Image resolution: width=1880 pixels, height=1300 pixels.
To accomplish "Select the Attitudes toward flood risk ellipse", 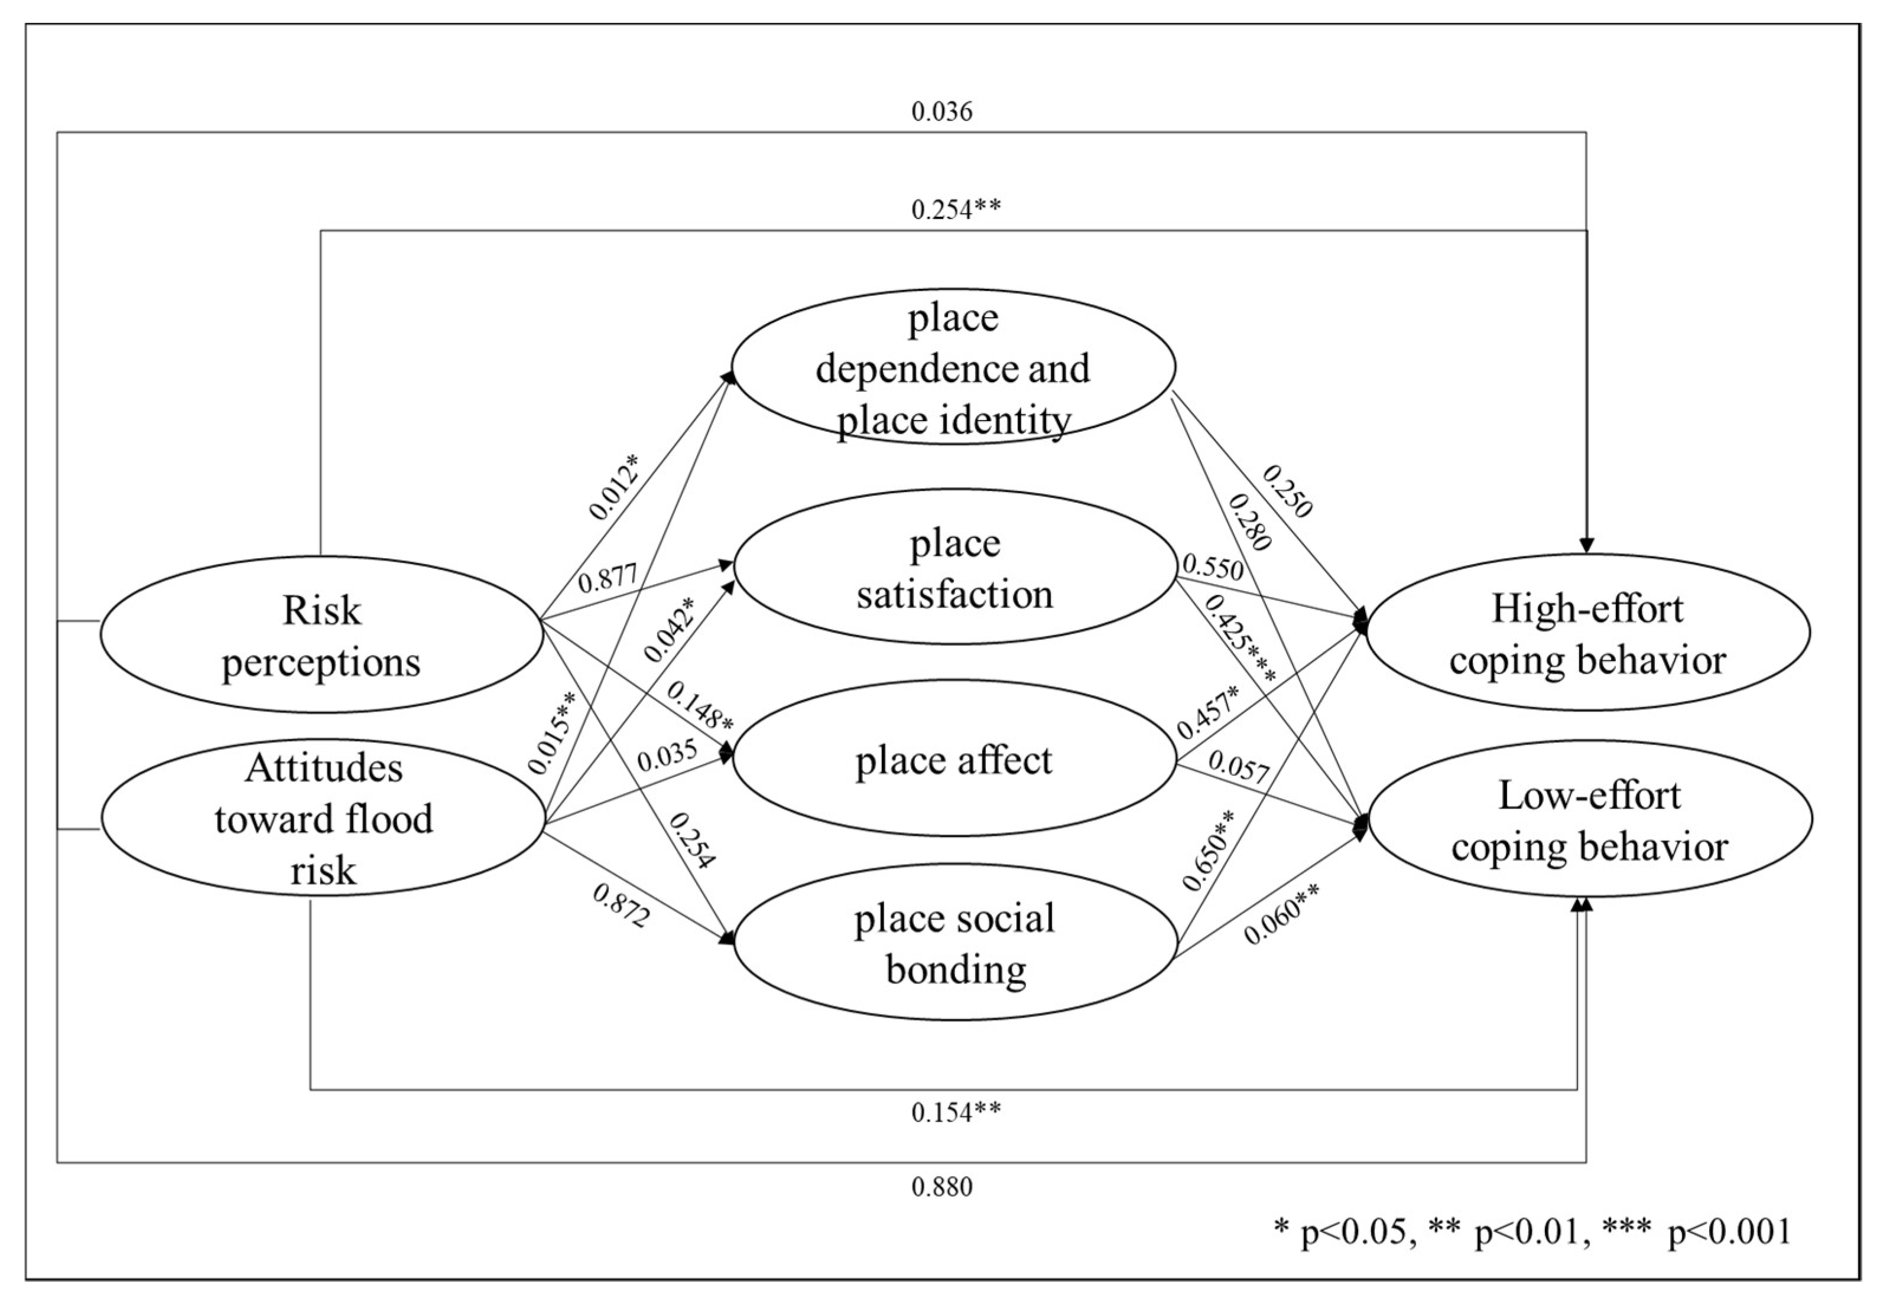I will (323, 818).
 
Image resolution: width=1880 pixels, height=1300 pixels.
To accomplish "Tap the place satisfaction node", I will (954, 567).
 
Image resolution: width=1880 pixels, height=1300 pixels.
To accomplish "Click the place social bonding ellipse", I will (955, 943).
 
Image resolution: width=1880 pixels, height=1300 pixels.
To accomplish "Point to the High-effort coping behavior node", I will (1587, 633).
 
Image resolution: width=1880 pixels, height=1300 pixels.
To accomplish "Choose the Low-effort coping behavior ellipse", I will (1589, 819).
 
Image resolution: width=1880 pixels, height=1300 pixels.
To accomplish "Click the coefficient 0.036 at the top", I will (941, 112).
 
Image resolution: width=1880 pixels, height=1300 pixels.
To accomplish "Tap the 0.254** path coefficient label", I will (955, 209).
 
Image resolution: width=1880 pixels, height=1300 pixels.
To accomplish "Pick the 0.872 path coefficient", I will (621, 906).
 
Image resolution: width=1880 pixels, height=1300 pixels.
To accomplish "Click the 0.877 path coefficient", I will (607, 580).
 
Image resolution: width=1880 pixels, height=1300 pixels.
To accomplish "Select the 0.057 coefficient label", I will (1239, 767).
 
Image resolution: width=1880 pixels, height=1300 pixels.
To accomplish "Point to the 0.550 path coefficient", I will (1213, 568).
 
